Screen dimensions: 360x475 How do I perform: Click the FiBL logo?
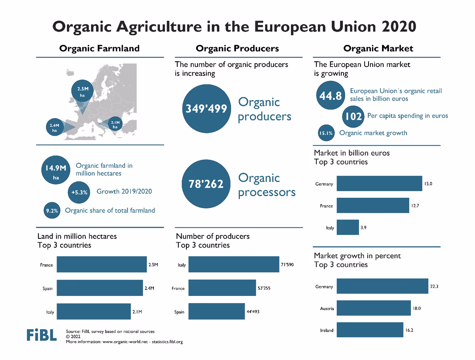[x=42, y=335]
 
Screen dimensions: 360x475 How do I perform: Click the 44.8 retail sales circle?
[x=331, y=95]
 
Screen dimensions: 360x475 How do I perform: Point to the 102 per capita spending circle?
[x=353, y=116]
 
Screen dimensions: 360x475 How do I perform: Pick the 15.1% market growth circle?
[x=326, y=133]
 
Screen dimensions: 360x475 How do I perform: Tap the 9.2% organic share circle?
[x=51, y=211]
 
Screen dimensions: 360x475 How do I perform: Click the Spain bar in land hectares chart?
[x=100, y=288]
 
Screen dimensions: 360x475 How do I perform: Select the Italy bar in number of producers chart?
[x=234, y=265]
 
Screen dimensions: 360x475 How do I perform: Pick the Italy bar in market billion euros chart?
[x=348, y=227]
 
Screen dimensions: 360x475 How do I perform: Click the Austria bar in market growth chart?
[x=374, y=308]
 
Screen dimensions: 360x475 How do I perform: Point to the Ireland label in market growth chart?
[x=327, y=330]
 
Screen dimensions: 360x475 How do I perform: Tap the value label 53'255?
[x=264, y=288]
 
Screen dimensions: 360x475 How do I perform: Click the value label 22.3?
[x=434, y=286]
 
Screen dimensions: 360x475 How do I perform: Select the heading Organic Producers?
[x=237, y=48]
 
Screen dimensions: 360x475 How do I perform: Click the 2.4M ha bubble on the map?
[x=55, y=127]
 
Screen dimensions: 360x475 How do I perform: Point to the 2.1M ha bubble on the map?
[x=115, y=125]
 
